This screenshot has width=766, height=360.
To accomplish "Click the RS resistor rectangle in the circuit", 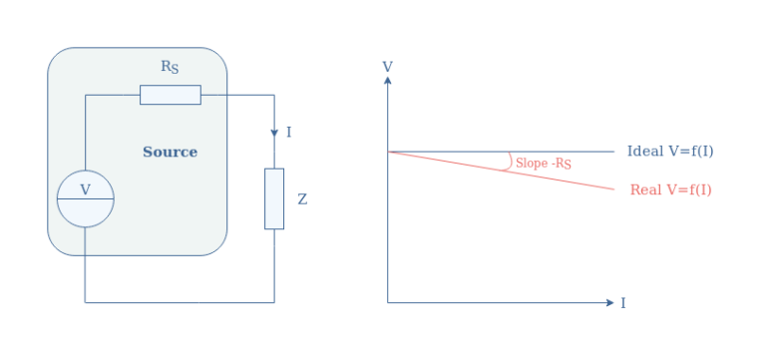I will (170, 95).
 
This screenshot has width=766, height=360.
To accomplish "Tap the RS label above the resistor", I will (171, 67).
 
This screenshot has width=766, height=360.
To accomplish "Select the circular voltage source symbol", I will (85, 198).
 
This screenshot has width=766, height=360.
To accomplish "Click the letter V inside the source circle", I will (85, 188).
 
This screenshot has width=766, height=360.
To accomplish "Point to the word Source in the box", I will (170, 153).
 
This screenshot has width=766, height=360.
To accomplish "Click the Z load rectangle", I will (274, 198).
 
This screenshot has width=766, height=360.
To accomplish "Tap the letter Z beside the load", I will (302, 199).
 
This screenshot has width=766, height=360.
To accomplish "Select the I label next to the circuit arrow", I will (289, 132).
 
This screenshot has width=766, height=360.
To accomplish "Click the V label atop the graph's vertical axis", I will (387, 67).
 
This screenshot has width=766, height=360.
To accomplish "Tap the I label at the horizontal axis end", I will (623, 302).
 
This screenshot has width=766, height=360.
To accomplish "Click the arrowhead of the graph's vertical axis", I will (387, 81).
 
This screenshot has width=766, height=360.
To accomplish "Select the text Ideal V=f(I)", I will (670, 152).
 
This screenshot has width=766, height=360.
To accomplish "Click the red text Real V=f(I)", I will (670, 189).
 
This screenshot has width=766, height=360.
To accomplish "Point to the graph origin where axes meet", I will (387, 301).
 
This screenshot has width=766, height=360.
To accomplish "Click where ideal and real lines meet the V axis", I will (387, 152).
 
